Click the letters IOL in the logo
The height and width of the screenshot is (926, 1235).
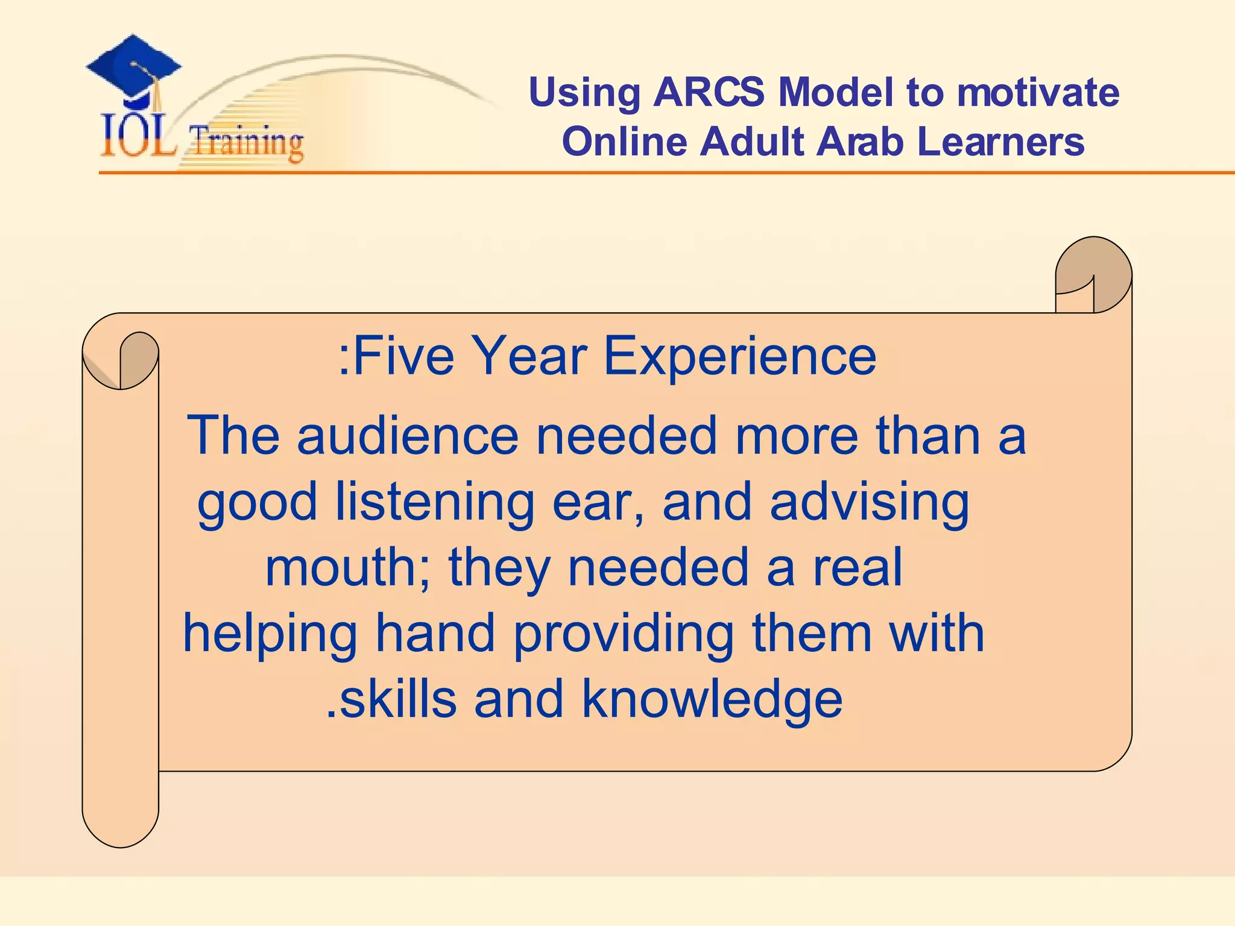(x=138, y=137)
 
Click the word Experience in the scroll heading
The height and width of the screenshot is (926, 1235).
(x=740, y=356)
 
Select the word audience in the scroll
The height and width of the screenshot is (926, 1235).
(x=408, y=435)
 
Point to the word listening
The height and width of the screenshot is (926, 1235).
(x=434, y=503)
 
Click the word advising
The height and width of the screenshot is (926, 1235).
(x=870, y=503)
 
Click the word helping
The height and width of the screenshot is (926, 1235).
(x=270, y=634)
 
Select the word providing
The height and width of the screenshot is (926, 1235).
(x=624, y=634)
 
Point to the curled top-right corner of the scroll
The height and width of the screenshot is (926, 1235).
(x=1093, y=274)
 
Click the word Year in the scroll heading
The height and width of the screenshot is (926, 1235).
(x=528, y=356)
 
